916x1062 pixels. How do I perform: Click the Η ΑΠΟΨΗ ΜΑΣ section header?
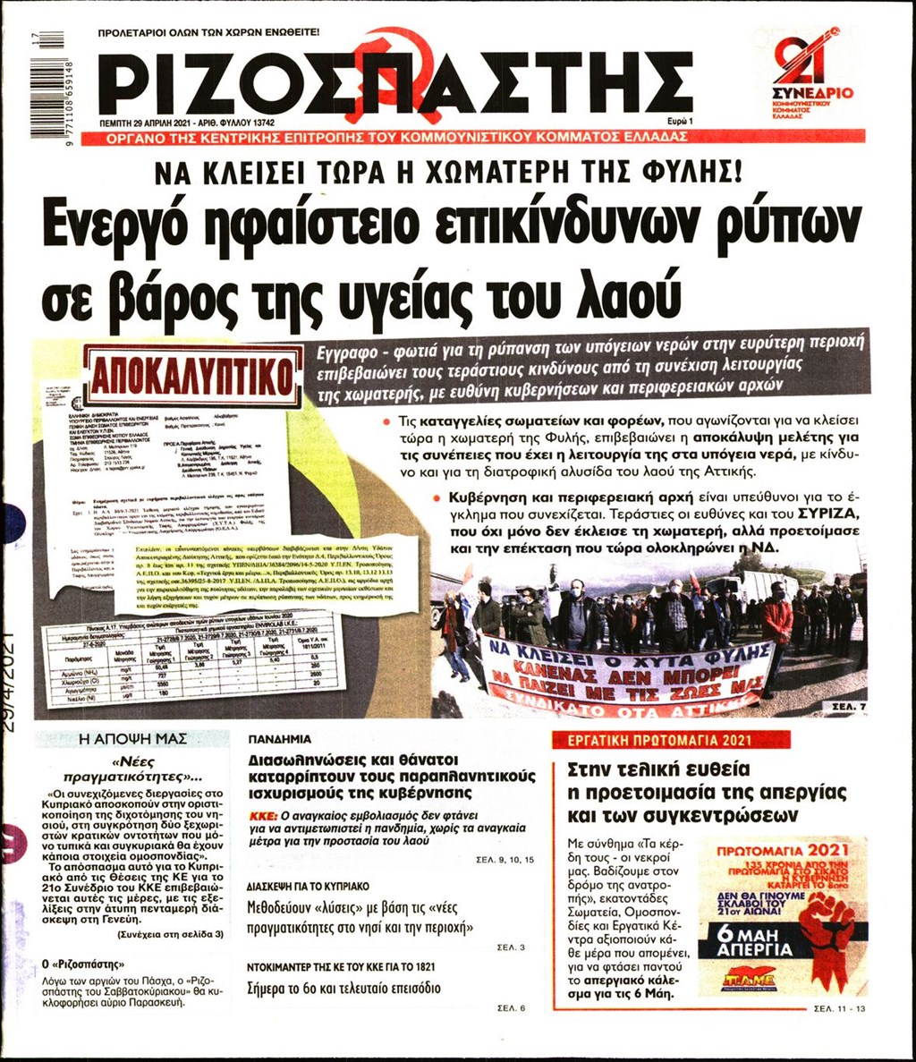point(132,739)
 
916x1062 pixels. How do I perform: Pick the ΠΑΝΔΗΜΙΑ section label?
point(281,740)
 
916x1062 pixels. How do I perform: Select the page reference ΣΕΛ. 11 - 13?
point(840,1008)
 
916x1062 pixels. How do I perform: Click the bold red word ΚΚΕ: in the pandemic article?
point(264,817)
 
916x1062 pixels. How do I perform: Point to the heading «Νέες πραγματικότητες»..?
point(132,769)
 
